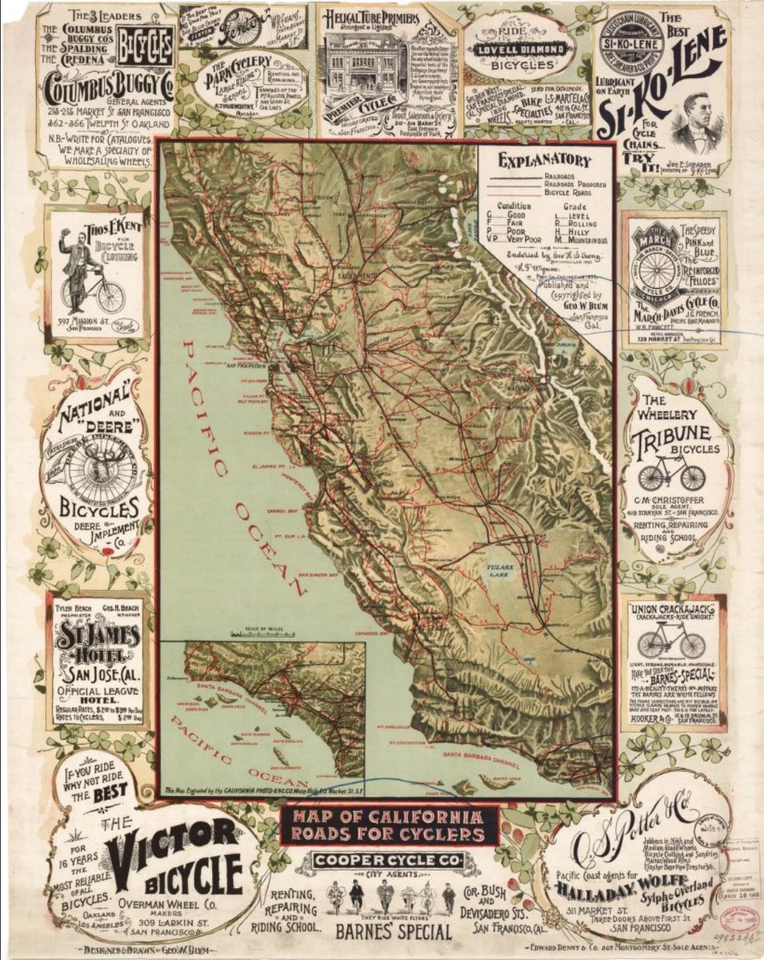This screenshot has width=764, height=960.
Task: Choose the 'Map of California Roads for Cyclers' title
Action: point(389,826)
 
